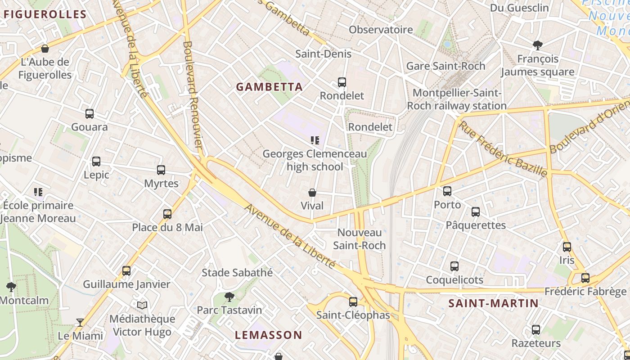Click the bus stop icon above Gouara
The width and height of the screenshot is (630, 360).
[x=90, y=114]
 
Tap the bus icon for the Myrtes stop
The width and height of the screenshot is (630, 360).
[x=161, y=170]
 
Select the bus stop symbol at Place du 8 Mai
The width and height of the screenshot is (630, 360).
[x=167, y=214]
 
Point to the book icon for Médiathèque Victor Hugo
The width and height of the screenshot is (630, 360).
[x=142, y=306]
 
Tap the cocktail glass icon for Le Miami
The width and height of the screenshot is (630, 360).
[x=80, y=322]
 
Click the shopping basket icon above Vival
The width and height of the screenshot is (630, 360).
[x=312, y=193]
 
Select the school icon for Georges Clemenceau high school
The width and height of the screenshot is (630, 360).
[x=315, y=140]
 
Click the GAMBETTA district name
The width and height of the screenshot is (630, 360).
[x=270, y=87]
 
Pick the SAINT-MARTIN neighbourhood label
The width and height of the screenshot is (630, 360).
[x=494, y=303]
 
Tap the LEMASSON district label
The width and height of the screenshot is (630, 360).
[x=269, y=335]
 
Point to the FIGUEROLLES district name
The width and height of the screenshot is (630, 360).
[x=45, y=14]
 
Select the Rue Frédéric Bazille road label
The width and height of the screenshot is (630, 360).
[x=503, y=148]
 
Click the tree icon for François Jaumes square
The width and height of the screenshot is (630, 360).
[x=537, y=45]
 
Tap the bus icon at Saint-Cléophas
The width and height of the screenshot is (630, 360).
[x=353, y=301]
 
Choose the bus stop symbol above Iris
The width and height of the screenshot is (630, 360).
[x=567, y=247]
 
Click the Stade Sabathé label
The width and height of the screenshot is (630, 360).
[x=237, y=272]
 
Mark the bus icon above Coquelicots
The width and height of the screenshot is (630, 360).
[x=454, y=266]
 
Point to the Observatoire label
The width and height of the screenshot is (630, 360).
[x=381, y=30]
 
